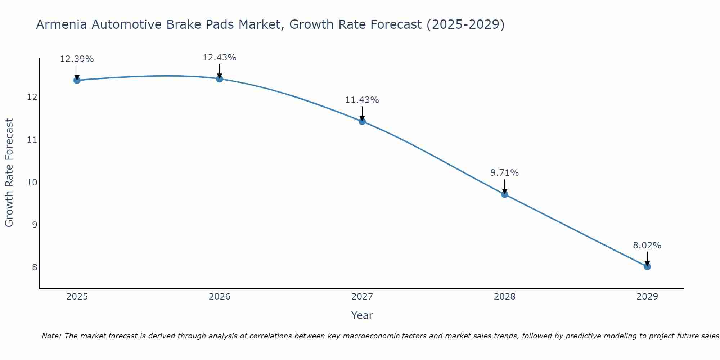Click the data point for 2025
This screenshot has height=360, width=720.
(77, 80)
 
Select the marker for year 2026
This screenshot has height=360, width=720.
(220, 78)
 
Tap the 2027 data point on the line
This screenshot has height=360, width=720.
(362, 121)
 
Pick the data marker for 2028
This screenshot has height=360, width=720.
(505, 194)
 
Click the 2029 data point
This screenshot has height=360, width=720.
(647, 267)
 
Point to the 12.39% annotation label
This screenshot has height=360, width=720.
(77, 59)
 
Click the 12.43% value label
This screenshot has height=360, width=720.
(220, 58)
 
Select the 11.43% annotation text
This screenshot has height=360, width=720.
(362, 100)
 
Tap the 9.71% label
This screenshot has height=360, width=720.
(505, 173)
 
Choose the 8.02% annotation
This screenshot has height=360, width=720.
(647, 246)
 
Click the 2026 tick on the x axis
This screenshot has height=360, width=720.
(220, 297)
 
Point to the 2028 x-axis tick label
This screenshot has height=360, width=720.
(505, 297)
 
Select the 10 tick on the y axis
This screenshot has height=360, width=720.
(32, 182)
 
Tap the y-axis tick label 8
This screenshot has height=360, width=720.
(35, 267)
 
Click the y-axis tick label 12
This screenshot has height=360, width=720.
(32, 97)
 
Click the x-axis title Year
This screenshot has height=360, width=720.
(362, 315)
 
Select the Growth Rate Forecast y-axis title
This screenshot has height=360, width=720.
(9, 173)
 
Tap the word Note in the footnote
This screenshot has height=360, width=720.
(51, 336)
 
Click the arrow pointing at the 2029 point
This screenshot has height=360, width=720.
(647, 258)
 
